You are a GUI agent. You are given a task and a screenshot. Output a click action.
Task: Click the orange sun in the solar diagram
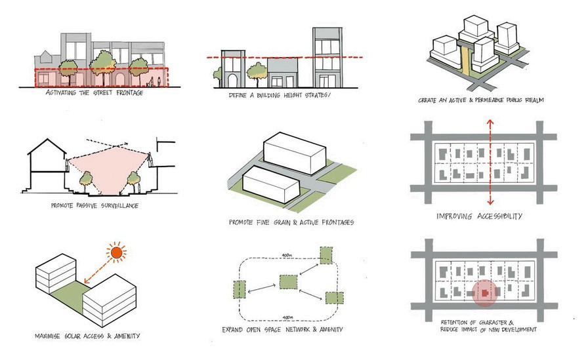(117, 252)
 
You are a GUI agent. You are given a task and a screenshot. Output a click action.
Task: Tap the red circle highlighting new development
(484, 294)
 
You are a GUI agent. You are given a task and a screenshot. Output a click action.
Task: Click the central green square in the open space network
(289, 283)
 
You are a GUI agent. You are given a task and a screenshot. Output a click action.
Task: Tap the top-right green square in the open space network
(327, 255)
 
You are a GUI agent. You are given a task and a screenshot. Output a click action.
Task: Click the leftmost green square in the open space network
(238, 288)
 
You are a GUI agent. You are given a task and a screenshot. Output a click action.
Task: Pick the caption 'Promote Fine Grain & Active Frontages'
(291, 222)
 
